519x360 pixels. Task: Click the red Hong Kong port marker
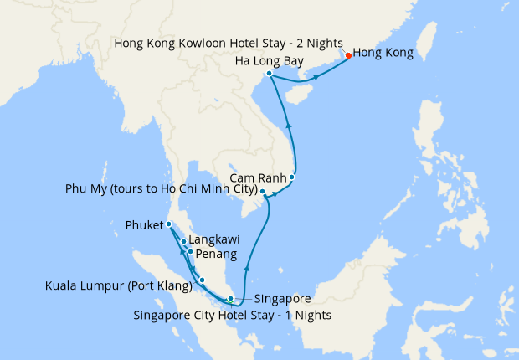pyautogui.click(x=348, y=57)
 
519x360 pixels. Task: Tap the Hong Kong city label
pyautogui.click(x=383, y=54)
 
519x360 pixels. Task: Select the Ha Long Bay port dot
pyautogui.click(x=269, y=74)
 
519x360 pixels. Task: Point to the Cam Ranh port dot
pyautogui.click(x=292, y=177)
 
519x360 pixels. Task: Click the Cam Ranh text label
pyautogui.click(x=256, y=177)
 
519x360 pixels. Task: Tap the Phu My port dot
pyautogui.click(x=263, y=192)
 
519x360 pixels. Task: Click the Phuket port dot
pyautogui.click(x=168, y=224)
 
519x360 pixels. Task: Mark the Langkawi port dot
pyautogui.click(x=183, y=242)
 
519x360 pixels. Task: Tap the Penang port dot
pyautogui.click(x=190, y=252)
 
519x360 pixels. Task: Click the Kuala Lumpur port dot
pyautogui.click(x=202, y=280)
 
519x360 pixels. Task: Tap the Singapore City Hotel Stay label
pyautogui.click(x=233, y=316)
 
